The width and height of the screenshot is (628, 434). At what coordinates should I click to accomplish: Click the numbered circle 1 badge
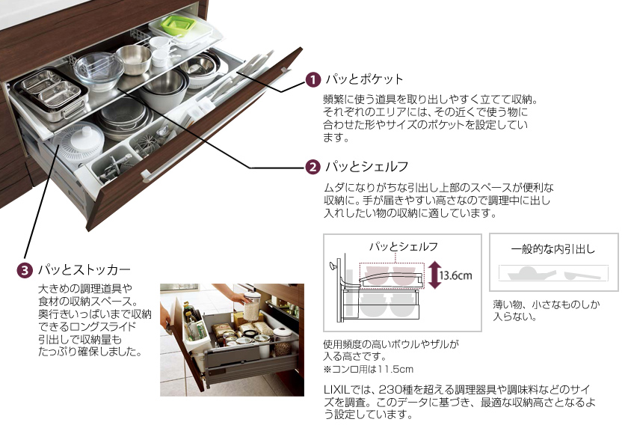(x=313, y=79)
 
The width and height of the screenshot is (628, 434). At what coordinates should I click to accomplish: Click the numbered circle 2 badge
(x=313, y=167)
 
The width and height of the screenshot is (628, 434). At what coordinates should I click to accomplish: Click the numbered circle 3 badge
(x=25, y=270)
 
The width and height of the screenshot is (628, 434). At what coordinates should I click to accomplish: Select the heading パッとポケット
(x=364, y=79)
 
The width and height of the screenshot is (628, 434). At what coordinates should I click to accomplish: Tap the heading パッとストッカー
(x=84, y=269)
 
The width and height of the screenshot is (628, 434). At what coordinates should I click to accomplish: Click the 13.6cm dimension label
(x=455, y=275)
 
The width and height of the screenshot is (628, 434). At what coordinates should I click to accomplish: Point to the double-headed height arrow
(x=434, y=275)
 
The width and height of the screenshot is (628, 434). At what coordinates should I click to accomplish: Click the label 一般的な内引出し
(x=553, y=249)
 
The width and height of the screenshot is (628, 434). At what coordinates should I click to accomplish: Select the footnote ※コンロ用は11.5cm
(x=368, y=369)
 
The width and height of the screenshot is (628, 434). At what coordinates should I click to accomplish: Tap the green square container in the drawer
(x=178, y=25)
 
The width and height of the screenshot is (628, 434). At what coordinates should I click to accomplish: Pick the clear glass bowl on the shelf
(x=99, y=71)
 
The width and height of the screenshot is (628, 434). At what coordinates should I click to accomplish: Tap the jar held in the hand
(x=252, y=307)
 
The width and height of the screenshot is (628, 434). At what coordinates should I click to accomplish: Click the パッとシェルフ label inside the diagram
(x=403, y=246)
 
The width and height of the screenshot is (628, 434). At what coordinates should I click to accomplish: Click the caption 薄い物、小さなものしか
(x=547, y=305)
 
